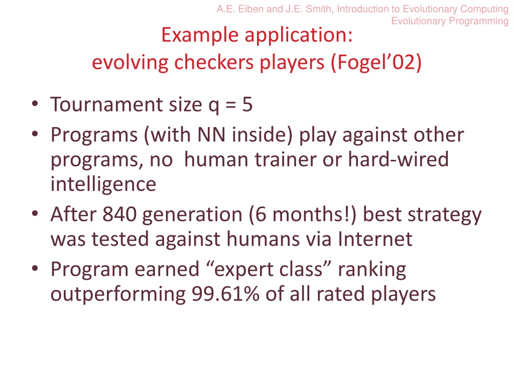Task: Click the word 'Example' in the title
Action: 200,35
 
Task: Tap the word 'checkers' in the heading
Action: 214,62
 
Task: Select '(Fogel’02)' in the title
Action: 376,62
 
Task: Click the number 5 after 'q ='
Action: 247,105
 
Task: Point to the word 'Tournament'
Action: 106,105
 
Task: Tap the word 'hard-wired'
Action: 398,159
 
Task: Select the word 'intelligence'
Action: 103,184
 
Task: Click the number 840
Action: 119,214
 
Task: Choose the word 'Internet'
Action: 375,239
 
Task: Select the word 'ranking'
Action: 372,270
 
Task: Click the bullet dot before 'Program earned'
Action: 35,268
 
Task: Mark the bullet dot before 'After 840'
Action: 35,214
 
